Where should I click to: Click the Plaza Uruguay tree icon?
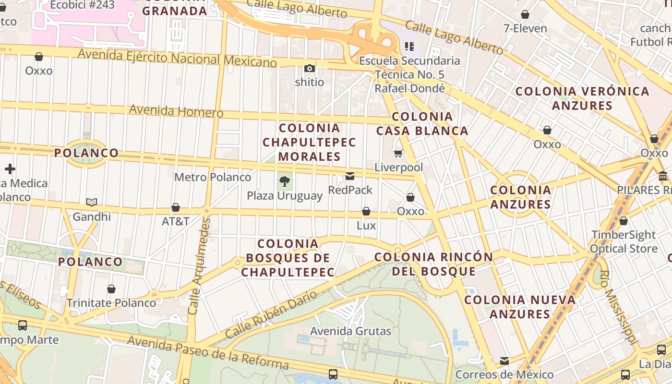coord(285,181)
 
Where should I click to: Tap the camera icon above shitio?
coord(310,69)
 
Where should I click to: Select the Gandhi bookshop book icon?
coord(92,203)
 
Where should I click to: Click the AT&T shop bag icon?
coord(176,207)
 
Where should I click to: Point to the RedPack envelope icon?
coord(350,176)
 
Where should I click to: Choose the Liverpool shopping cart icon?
coord(398,154)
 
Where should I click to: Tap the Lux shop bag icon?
coord(366,211)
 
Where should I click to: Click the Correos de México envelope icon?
coord(504,360)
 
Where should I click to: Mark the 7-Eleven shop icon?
coord(525,14)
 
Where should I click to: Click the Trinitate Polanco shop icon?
coord(111,289)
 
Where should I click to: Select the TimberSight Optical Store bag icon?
coord(623,221)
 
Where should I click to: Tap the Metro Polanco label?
coord(213,177)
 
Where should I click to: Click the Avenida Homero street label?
coord(176,111)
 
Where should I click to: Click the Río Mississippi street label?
coord(619,307)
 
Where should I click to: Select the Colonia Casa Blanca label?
coord(422,123)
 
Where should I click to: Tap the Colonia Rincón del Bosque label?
coord(433,264)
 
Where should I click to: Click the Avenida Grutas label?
coord(351,331)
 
